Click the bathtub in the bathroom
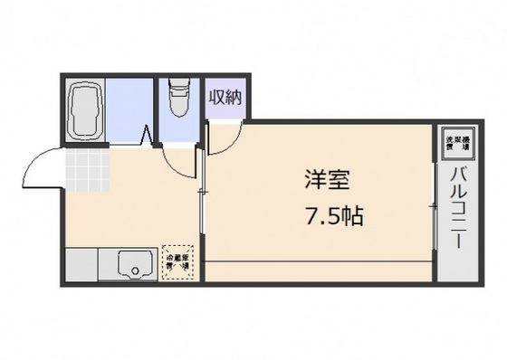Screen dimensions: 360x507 (x=86, y=109)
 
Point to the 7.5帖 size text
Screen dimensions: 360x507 (x=327, y=217)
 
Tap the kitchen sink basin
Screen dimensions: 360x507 (x=134, y=264)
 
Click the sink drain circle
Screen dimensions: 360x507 (x=135, y=269)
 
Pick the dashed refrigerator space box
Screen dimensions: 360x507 (x=177, y=261)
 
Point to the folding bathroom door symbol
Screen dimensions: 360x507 (x=148, y=138)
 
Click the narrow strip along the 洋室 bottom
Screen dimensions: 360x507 (x=317, y=270)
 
